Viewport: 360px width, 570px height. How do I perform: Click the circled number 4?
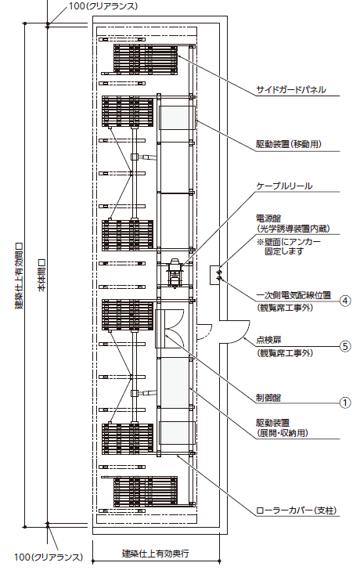pyautogui.click(x=345, y=301)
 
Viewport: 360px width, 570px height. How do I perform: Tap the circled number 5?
pyautogui.click(x=345, y=346)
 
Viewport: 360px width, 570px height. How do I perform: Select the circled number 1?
pyautogui.click(x=345, y=402)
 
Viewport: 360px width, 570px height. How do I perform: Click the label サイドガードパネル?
pyautogui.click(x=291, y=90)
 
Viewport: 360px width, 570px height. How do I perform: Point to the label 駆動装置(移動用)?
pyautogui.click(x=289, y=144)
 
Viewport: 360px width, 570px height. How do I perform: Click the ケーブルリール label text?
pyautogui.click(x=284, y=186)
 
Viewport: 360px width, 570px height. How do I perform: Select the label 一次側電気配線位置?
pyautogui.click(x=293, y=295)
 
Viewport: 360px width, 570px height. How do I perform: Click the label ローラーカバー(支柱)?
pyautogui.click(x=296, y=510)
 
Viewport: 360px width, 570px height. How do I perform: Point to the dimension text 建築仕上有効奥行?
pyautogui.click(x=155, y=554)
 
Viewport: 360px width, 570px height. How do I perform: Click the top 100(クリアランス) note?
pyautogui.click(x=103, y=6)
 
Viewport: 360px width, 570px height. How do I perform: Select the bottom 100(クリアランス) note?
pyautogui.click(x=49, y=557)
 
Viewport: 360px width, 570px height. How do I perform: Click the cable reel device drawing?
pyautogui.click(x=175, y=272)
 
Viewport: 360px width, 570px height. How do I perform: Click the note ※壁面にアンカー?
pyautogui.click(x=289, y=241)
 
